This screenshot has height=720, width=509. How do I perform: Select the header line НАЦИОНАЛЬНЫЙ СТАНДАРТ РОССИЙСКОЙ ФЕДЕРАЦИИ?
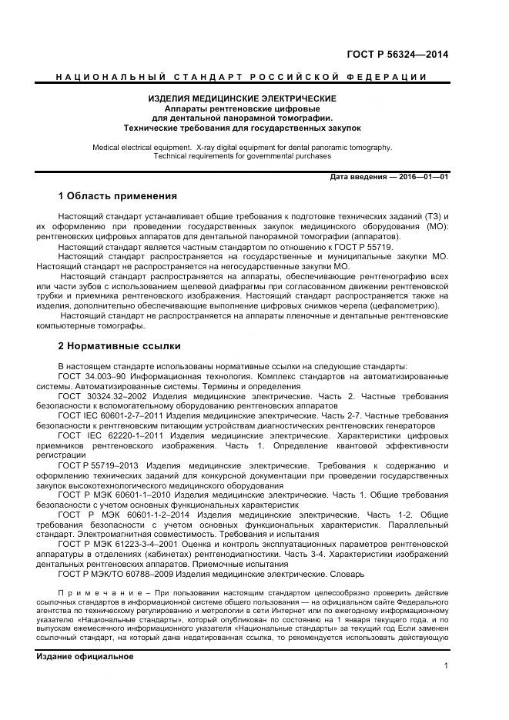[x=242, y=77]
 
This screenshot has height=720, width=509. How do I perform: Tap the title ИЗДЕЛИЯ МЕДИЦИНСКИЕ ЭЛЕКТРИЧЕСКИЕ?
[x=242, y=99]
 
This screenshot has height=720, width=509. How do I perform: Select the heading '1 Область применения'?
[x=117, y=196]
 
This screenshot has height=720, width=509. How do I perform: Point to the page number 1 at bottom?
[x=447, y=667]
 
